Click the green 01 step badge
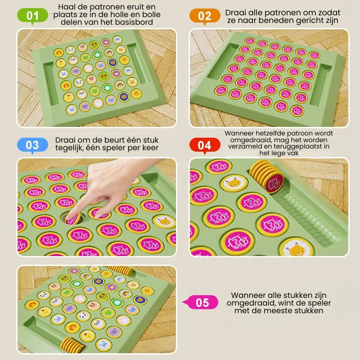pos(33,17)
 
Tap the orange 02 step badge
pos(204,17)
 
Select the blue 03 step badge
pos(32,145)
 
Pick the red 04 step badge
pos(204,145)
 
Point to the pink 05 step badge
pos(202,302)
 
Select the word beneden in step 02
pos(281,21)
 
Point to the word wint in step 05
pos(290,303)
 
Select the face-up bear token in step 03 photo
pos(164,221)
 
